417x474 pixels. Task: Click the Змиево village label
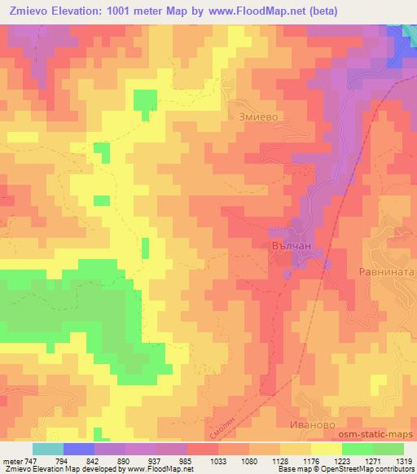[x=260, y=116]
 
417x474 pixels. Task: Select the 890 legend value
[x=142, y=460]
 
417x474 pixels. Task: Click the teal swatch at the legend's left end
[x=47, y=449]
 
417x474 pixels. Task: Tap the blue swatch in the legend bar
[x=79, y=449]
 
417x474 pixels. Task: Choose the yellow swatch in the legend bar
[x=326, y=449]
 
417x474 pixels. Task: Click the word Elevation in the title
[x=77, y=11]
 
